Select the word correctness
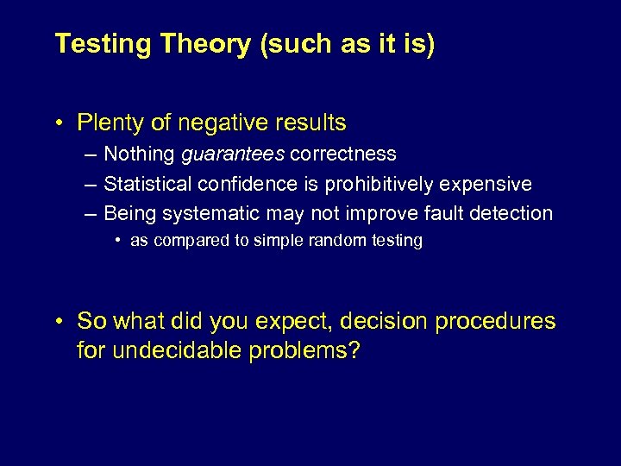point(343,154)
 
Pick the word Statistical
point(147,184)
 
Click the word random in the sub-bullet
point(346,241)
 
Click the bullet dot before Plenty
point(58,123)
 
